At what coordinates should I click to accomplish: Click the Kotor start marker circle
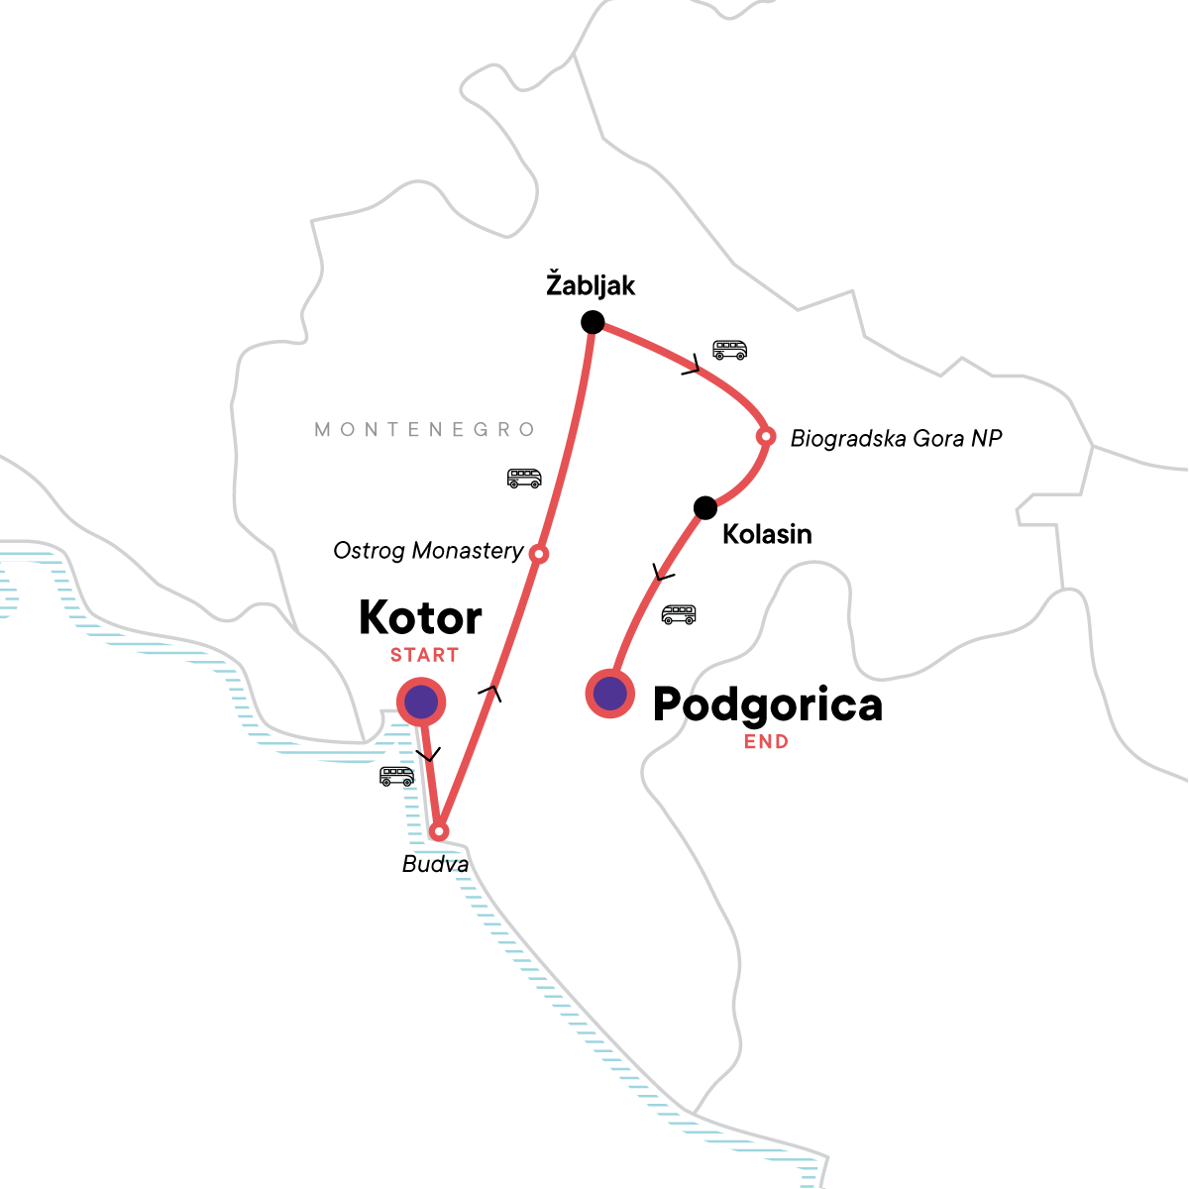(421, 703)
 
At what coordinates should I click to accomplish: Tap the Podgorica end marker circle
(610, 694)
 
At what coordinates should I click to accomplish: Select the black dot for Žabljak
(593, 322)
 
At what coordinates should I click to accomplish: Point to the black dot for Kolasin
(704, 508)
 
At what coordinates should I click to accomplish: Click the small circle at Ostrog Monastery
(538, 554)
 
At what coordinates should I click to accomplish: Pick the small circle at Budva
(439, 830)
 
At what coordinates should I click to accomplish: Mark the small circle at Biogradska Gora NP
(765, 436)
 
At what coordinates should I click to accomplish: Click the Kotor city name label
(420, 618)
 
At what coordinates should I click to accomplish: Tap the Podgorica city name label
(767, 705)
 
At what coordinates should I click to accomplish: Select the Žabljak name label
(591, 286)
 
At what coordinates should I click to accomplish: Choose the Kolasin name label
(767, 535)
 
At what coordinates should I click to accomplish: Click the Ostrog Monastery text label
(428, 551)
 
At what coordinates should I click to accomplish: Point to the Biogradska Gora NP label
(896, 438)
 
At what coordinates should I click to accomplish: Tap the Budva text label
(435, 865)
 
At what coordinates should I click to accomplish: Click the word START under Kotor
(424, 655)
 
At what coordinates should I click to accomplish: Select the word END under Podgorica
(766, 741)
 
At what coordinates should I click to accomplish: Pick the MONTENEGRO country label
(425, 430)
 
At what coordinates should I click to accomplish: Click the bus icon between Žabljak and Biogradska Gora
(730, 350)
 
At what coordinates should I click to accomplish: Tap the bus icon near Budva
(397, 776)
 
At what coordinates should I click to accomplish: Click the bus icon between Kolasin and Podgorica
(679, 614)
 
